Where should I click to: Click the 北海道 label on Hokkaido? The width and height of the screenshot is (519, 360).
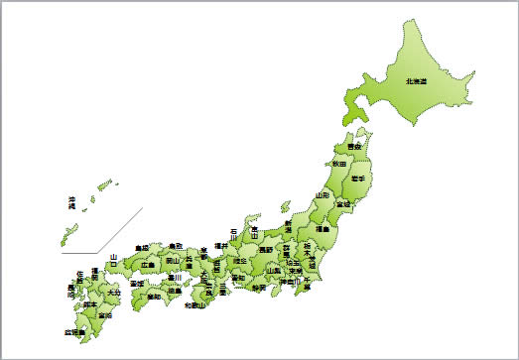[x=415, y=81]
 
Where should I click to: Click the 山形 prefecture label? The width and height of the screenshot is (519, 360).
[x=323, y=195]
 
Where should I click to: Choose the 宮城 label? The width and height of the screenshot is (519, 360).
[x=343, y=203]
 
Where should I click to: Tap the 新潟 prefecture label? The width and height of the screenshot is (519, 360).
[x=289, y=225]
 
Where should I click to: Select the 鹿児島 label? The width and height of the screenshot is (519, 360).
[x=73, y=333]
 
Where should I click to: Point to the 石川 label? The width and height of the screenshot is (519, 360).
[x=234, y=234]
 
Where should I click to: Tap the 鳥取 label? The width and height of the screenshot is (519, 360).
[x=175, y=245]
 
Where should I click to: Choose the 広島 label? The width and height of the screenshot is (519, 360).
[x=148, y=265]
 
